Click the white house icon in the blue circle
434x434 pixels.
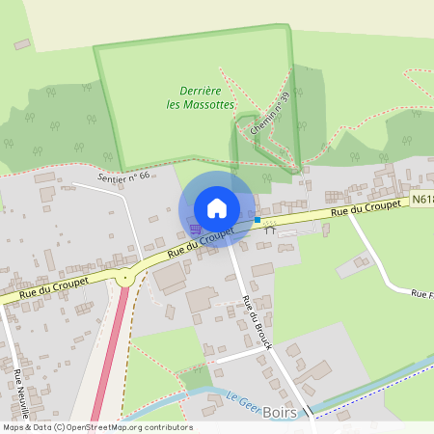coord(217,208)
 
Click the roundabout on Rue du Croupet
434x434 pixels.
coord(124,279)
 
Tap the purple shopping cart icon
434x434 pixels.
coord(196,229)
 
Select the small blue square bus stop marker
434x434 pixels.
coord(258,221)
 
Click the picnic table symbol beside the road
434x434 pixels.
coord(270,228)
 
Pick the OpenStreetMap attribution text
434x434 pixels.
coord(97,427)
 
